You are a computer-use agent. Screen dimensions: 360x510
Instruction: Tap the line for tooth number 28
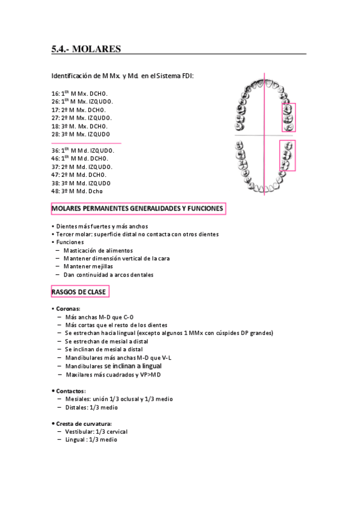click(81, 134)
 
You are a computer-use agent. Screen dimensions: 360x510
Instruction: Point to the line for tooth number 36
click(82, 150)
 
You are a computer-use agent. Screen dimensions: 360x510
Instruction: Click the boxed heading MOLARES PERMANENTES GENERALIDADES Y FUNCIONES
click(138, 209)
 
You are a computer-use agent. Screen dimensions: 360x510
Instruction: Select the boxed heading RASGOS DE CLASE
click(79, 292)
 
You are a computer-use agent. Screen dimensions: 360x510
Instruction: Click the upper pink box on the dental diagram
click(288, 117)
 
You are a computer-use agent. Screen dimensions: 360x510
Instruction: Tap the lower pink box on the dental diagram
click(287, 155)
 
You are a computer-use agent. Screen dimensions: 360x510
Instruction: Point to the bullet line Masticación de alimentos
click(98, 250)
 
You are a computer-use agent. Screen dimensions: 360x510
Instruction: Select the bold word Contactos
click(70, 391)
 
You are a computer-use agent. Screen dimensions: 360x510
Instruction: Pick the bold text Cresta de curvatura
click(84, 423)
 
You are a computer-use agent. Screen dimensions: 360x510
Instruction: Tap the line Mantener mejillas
click(88, 266)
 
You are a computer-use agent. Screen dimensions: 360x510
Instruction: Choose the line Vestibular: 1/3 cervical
click(96, 432)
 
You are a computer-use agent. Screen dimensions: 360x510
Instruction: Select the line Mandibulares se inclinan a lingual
click(114, 366)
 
